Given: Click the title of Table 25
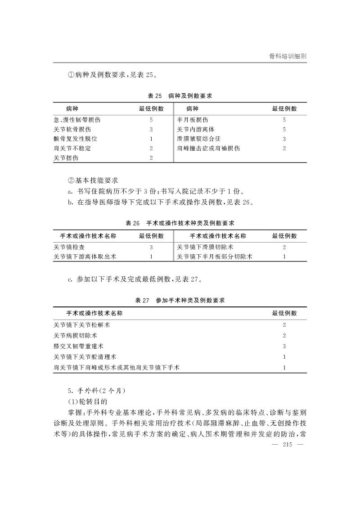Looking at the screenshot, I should pyautogui.click(x=180, y=96).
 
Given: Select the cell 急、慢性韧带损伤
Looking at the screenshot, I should pyautogui.click(x=76, y=120).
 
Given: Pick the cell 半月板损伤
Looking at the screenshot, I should pyautogui.click(x=193, y=120).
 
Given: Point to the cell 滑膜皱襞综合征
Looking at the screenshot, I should pyautogui.click(x=199, y=139).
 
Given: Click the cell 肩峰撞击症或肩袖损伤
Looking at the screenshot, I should pyautogui.click(x=208, y=148).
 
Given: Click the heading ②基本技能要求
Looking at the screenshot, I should pyautogui.click(x=92, y=180).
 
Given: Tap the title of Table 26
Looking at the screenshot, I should pyautogui.click(x=180, y=223).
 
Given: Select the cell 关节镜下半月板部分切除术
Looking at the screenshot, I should pyautogui.click(x=214, y=257).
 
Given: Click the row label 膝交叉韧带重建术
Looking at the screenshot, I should pyautogui.click(x=78, y=346).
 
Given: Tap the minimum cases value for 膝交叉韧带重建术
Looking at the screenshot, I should pyautogui.click(x=284, y=346).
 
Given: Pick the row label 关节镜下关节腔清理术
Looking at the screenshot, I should pyautogui.click(x=85, y=357).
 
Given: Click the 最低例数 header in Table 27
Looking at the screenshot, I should pyautogui.click(x=284, y=313).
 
